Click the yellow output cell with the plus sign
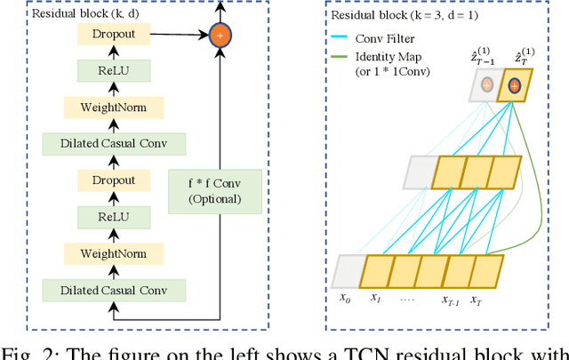[x=515, y=86]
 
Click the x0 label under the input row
[x=346, y=299]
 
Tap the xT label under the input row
[x=477, y=300]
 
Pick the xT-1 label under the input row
[x=451, y=300]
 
